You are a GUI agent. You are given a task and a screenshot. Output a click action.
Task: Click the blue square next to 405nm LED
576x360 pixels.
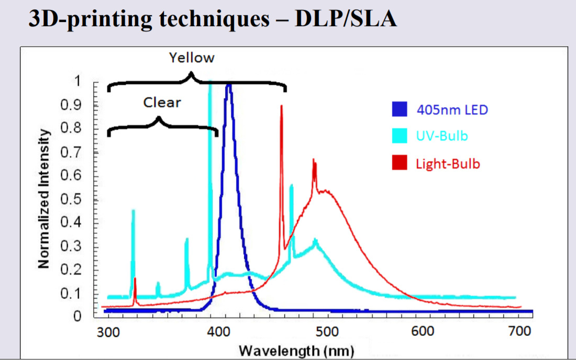[x=400, y=109]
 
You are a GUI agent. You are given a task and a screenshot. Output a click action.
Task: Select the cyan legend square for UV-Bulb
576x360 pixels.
[x=400, y=136]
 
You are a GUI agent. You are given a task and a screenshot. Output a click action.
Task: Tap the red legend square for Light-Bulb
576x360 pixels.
[x=400, y=163]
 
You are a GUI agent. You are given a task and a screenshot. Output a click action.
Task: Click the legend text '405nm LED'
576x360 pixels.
[x=452, y=110]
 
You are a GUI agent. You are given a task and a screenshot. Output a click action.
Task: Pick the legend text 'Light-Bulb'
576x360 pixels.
[x=448, y=164]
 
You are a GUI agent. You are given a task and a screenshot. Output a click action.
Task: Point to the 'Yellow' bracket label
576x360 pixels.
[x=192, y=58]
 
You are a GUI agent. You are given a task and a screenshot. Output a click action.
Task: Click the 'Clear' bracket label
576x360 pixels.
[x=162, y=103]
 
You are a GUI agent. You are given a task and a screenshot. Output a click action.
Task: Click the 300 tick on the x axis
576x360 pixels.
[x=108, y=331]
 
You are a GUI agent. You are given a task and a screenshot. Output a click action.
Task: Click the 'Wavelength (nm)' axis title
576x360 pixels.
[x=296, y=350]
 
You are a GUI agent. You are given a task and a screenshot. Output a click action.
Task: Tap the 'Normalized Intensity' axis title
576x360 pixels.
[x=45, y=199]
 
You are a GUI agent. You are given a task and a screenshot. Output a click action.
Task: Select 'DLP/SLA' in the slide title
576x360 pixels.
[x=346, y=19]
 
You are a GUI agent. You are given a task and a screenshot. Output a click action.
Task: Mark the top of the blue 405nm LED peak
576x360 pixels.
[x=228, y=84]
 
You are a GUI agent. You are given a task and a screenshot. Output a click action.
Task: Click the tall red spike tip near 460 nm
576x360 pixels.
[x=282, y=106]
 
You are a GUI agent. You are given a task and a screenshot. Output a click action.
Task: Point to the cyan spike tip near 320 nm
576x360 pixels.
[x=133, y=210]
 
